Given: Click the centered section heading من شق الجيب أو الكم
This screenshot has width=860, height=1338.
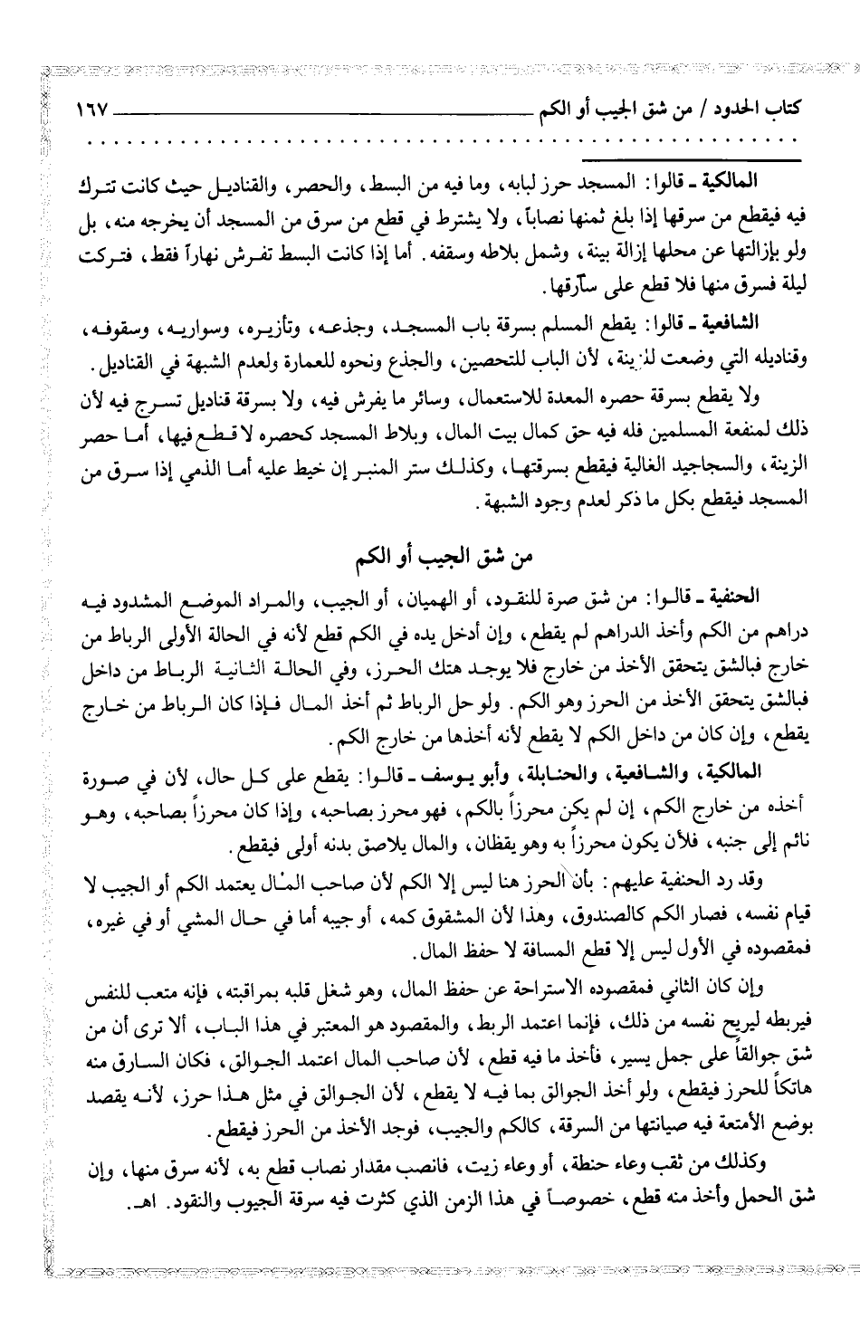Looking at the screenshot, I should coord(430,555).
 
